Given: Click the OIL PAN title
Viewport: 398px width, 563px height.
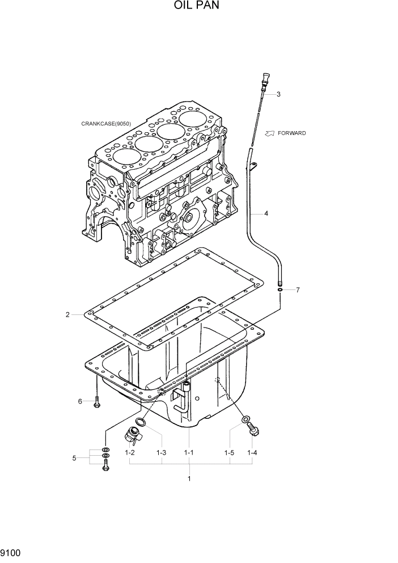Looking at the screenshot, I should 198,6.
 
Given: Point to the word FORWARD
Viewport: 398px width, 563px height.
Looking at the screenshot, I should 292,133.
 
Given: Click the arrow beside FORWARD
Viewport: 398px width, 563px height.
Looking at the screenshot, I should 270,133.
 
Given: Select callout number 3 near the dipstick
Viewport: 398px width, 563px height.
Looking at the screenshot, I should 278,94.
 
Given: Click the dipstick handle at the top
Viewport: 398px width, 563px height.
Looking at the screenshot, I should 266,80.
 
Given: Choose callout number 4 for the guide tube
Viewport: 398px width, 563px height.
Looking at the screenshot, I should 266,214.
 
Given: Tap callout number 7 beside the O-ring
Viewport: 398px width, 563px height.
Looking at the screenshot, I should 298,290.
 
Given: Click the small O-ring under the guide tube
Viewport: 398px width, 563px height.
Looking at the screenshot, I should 281,290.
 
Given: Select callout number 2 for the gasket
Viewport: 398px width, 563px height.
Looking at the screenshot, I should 67,314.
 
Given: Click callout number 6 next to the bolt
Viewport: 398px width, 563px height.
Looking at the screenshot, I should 81,402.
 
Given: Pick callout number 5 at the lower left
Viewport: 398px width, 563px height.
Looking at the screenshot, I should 74,458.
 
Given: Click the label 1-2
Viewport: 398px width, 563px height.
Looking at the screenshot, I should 129,452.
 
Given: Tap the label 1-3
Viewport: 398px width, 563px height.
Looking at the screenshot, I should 161,452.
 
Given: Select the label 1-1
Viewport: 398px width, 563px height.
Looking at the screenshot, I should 189,452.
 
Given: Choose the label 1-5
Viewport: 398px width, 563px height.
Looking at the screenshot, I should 229,452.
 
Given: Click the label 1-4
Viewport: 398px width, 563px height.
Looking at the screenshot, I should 252,452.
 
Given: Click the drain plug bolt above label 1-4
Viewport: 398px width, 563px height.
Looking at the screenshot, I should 253,430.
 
